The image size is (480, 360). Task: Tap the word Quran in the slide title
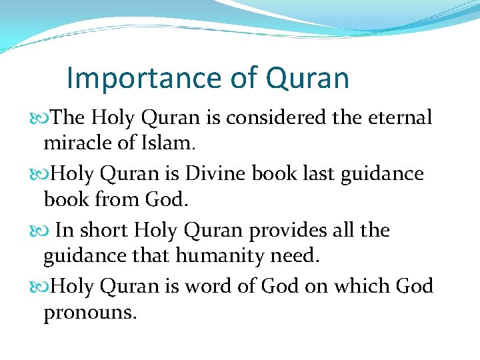point(307,78)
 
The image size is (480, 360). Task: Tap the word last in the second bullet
point(317,174)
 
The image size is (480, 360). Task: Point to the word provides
point(289,231)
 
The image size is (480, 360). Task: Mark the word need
point(297,255)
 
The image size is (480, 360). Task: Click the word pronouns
point(90,311)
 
